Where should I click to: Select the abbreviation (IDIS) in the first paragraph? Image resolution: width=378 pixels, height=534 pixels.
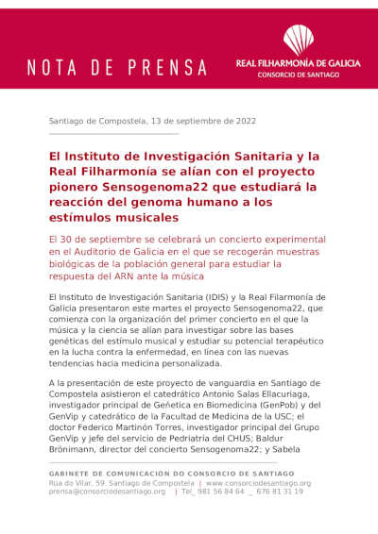pos(209,297)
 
